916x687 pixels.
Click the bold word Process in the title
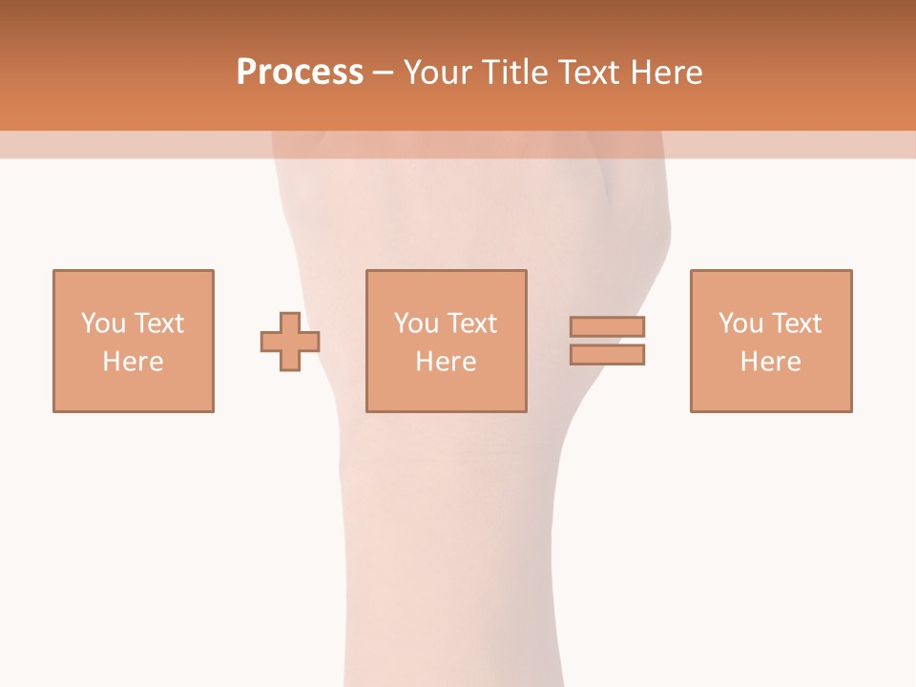(300, 73)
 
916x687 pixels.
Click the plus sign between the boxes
(290, 342)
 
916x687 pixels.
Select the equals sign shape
(607, 341)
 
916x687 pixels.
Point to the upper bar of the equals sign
(607, 327)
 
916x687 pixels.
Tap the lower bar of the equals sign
(607, 354)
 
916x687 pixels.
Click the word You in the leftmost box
(103, 323)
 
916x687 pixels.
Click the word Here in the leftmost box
(134, 362)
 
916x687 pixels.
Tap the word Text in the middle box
(472, 323)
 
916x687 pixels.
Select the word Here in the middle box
(447, 362)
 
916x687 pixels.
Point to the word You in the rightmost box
(740, 323)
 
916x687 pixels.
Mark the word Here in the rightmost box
(771, 362)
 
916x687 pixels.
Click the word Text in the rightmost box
(797, 323)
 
